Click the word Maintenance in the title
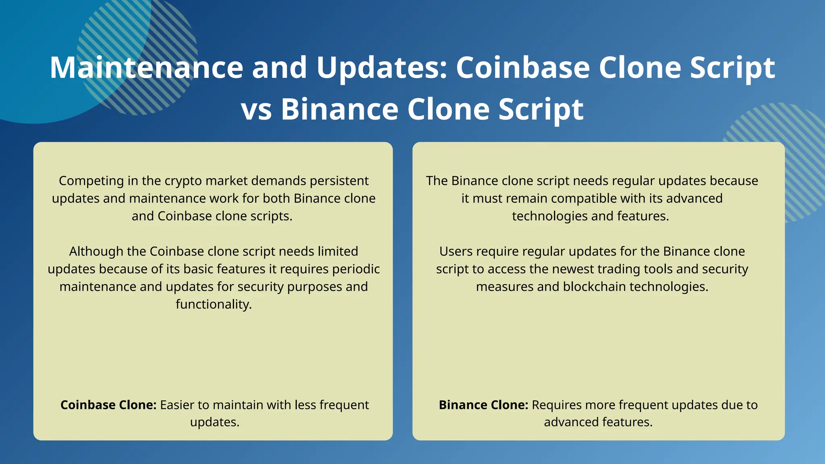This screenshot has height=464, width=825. pyautogui.click(x=146, y=67)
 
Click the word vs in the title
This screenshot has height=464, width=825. pyautogui.click(x=256, y=110)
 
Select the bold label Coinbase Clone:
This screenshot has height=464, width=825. pyautogui.click(x=108, y=405)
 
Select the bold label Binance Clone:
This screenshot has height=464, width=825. pyautogui.click(x=483, y=405)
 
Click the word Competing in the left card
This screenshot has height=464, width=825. pyautogui.click(x=91, y=181)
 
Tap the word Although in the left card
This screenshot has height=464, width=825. pyautogui.click(x=96, y=251)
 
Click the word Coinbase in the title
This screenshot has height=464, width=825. pyautogui.click(x=523, y=67)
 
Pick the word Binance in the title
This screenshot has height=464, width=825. pyautogui.click(x=340, y=110)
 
